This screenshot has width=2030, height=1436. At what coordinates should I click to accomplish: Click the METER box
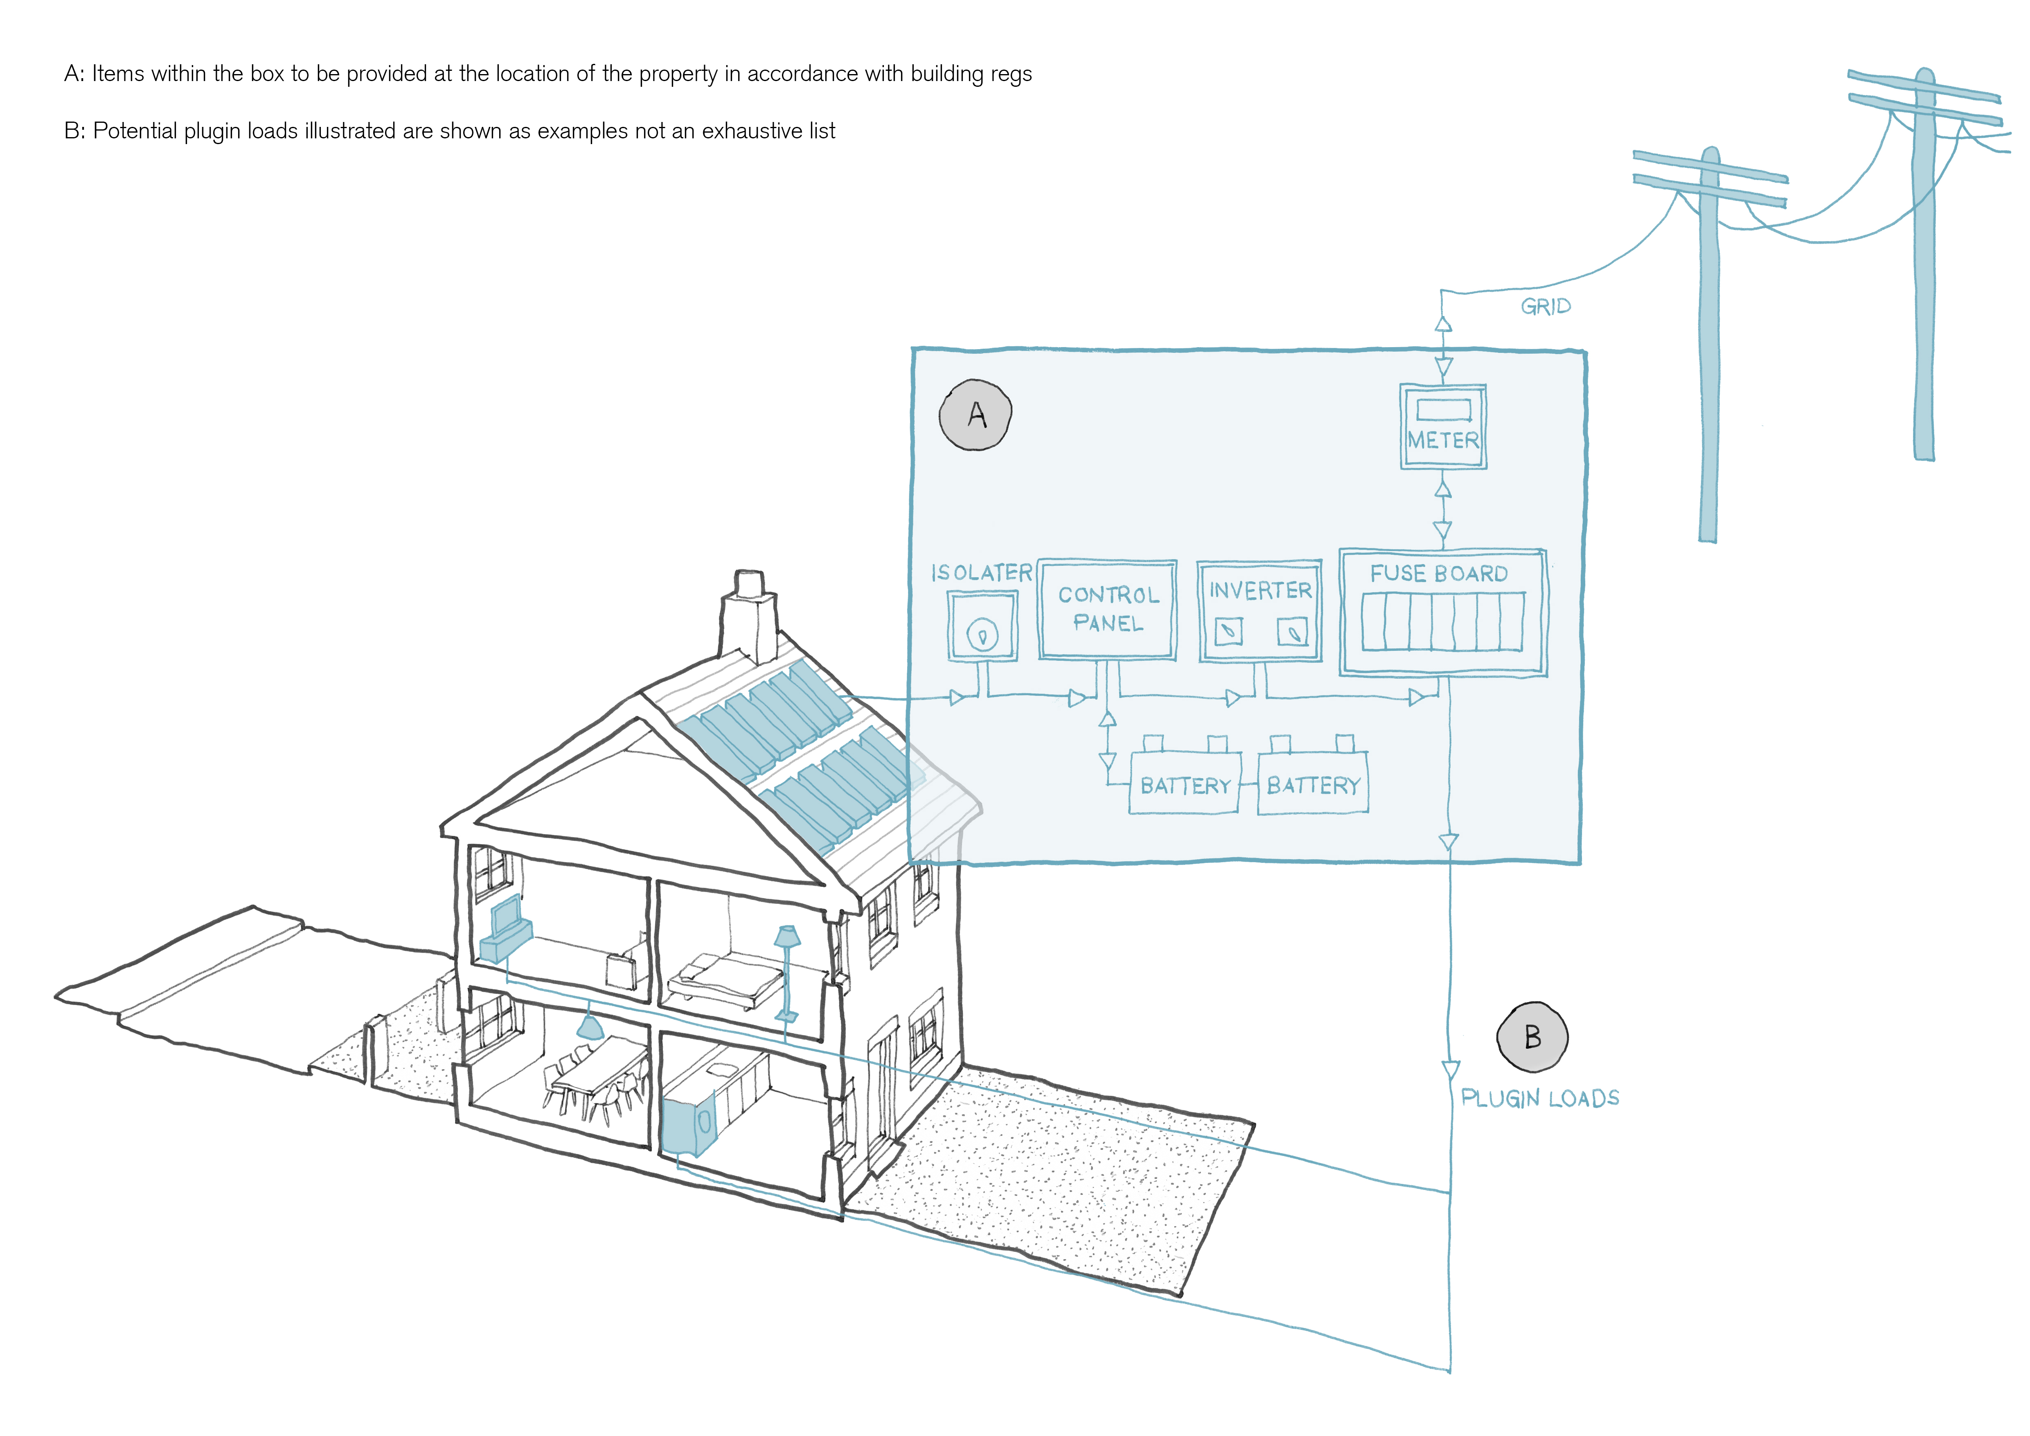pos(1443,427)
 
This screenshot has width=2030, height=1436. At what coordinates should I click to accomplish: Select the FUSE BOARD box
pos(1443,613)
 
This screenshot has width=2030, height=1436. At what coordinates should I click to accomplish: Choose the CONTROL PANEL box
pos(1108,610)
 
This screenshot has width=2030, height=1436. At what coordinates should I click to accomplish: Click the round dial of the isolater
pos(982,634)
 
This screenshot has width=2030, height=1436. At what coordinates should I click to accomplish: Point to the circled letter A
pos(975,415)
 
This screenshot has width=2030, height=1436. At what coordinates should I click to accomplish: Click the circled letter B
pos(1532,1037)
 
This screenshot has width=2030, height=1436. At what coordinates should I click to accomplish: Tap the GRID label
pos(1546,306)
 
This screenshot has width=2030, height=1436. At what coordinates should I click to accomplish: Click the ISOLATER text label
pos(981,573)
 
